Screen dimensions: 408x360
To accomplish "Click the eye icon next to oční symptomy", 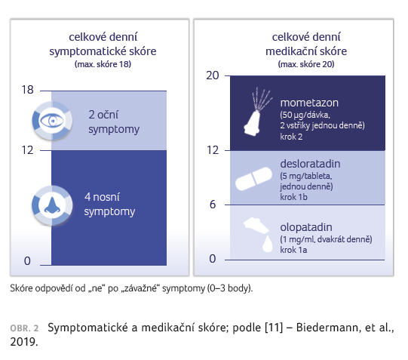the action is pyautogui.click(x=52, y=121).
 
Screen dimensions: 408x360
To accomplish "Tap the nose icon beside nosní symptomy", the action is pyautogui.click(x=52, y=205).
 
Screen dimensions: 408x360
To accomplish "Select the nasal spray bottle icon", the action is pyautogui.click(x=258, y=112).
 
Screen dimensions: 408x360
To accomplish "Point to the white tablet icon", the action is pyautogui.click(x=253, y=179).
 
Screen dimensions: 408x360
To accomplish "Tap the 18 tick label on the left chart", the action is pyautogui.click(x=27, y=90).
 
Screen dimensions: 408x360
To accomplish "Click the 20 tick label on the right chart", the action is pyautogui.click(x=213, y=75).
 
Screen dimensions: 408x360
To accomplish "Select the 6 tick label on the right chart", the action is pyautogui.click(x=213, y=205).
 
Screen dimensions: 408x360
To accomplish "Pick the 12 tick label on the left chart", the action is pyautogui.click(x=27, y=150).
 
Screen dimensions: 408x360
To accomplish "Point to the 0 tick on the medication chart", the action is pyautogui.click(x=213, y=259).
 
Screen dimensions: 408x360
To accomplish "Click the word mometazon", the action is pyautogui.click(x=309, y=103).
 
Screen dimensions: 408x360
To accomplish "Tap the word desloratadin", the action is pyautogui.click(x=310, y=164).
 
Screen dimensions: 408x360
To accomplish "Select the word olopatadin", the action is pyautogui.click(x=306, y=227).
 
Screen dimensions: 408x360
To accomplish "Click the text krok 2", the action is pyautogui.click(x=291, y=137).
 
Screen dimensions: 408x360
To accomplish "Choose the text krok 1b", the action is pyautogui.click(x=293, y=197).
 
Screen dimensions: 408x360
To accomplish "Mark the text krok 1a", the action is pyautogui.click(x=293, y=250).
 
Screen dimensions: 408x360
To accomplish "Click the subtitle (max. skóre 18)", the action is pyautogui.click(x=103, y=64).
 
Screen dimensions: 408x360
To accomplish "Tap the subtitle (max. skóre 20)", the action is pyautogui.click(x=306, y=64).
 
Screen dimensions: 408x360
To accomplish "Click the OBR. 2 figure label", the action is pyautogui.click(x=24, y=328).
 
